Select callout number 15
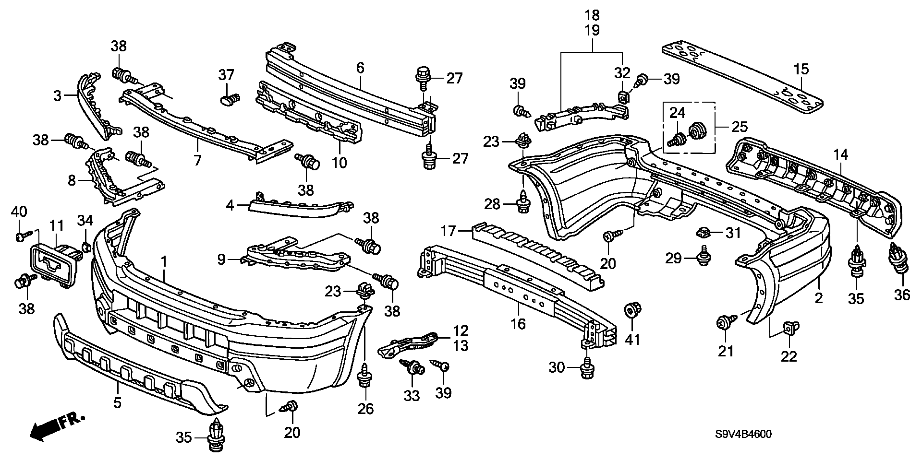click(x=801, y=69)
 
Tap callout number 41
click(x=632, y=340)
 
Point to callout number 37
click(x=226, y=75)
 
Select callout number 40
click(x=20, y=211)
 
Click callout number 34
click(x=85, y=221)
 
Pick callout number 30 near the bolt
click(x=557, y=368)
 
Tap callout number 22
click(x=789, y=356)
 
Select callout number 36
click(x=902, y=294)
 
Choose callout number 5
click(x=117, y=402)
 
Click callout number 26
click(x=366, y=408)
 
